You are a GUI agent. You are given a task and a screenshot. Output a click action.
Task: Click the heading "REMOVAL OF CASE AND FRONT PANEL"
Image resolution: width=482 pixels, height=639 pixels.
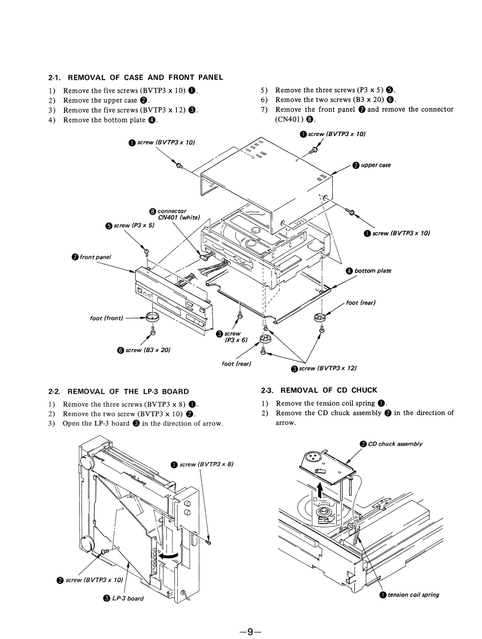pos(145,77)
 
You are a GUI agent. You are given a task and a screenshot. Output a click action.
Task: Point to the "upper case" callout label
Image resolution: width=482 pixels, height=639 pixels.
pos(375,165)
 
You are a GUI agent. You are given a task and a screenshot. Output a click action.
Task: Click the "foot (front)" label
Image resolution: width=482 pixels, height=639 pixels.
pos(107,318)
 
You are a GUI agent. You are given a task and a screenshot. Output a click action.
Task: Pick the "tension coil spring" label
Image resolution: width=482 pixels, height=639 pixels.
pos(413,595)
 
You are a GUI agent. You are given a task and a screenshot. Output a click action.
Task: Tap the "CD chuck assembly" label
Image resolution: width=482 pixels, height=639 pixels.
pos(395,444)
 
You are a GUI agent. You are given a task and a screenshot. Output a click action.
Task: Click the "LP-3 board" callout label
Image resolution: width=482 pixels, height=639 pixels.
pos(127,599)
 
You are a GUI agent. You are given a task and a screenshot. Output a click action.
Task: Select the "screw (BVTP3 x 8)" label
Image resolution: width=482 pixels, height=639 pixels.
pos(206,465)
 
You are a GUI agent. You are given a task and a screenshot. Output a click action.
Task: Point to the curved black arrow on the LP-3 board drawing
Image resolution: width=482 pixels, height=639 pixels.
pos(169,555)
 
